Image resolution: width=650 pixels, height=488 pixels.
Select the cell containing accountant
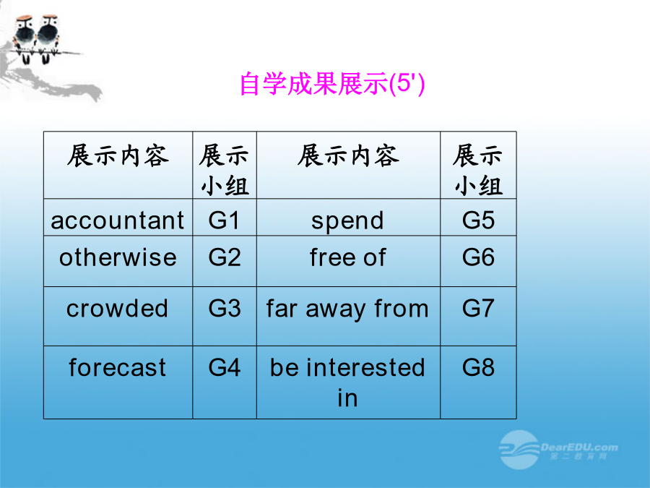[x=118, y=218]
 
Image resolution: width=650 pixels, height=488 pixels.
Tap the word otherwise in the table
[x=118, y=257]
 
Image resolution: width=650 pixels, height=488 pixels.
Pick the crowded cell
[x=118, y=316]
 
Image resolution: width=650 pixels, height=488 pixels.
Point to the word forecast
[x=118, y=367]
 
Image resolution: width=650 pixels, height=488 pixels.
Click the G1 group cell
[x=225, y=218]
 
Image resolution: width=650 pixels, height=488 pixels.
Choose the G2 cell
[x=225, y=262]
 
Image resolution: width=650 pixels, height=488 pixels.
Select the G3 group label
[x=225, y=308]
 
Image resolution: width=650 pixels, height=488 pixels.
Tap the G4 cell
[x=225, y=382]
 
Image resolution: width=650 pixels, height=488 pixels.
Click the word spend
[x=348, y=221]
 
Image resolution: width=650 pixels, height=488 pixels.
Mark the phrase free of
[x=348, y=257]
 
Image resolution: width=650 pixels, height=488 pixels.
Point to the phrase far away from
[x=348, y=309]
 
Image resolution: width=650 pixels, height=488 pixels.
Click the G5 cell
[x=478, y=218]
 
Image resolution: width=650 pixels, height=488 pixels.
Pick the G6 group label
[x=478, y=257]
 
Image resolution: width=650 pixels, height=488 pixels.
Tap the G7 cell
[x=478, y=316]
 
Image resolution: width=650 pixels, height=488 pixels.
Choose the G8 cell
[x=478, y=382]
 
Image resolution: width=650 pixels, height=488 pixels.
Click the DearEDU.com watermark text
[x=579, y=448]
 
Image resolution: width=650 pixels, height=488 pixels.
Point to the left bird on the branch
[x=25, y=38]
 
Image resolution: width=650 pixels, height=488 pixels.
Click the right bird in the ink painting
[x=48, y=38]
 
